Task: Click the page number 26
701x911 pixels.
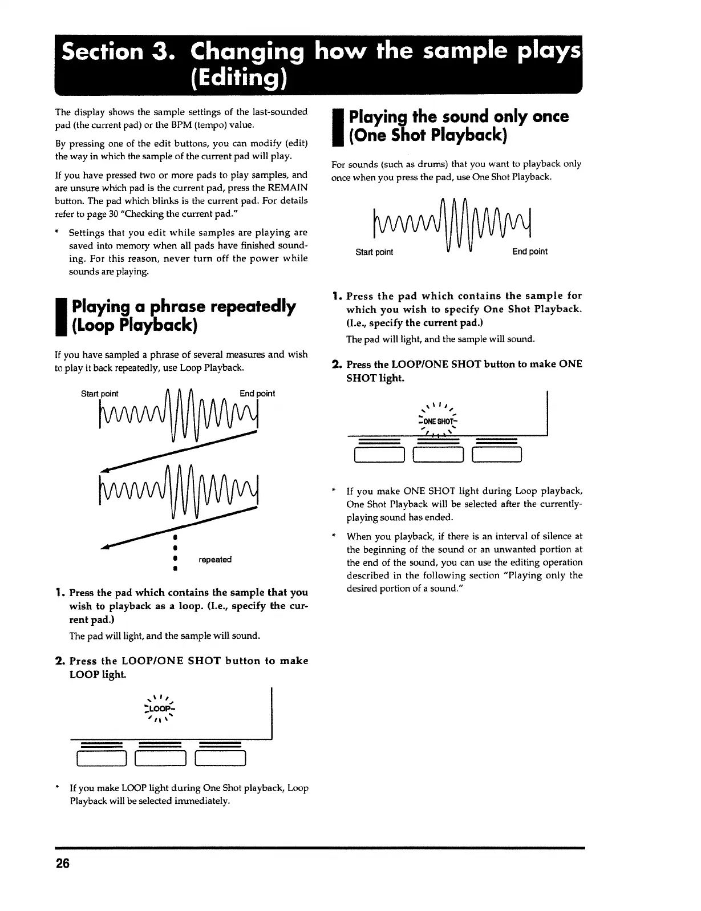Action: (x=62, y=863)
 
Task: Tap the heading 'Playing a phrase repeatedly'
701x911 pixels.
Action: (x=183, y=306)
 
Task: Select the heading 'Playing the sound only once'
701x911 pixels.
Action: (x=459, y=116)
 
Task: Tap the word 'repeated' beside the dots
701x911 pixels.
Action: (x=215, y=560)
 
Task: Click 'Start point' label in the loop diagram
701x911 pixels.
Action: (x=100, y=394)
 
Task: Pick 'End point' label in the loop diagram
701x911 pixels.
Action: (x=257, y=394)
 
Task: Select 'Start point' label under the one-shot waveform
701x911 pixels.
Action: (x=374, y=252)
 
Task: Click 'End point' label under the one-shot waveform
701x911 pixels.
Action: (x=529, y=252)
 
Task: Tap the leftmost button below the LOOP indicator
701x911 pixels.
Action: (x=101, y=759)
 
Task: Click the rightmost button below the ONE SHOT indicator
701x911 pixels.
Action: (x=497, y=454)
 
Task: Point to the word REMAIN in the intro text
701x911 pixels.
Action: (x=288, y=188)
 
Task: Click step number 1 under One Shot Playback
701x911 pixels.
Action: (x=336, y=296)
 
